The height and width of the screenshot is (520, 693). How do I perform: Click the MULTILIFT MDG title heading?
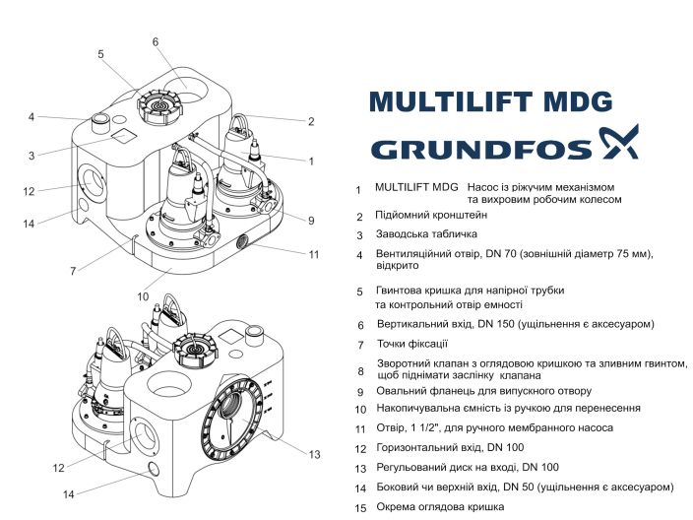click(x=490, y=102)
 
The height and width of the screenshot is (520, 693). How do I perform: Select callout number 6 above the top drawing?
click(x=156, y=41)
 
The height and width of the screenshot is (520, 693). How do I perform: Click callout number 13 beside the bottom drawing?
click(x=314, y=454)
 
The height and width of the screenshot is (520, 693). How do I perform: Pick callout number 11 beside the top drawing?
click(x=314, y=254)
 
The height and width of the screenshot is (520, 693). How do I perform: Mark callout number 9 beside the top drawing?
click(x=310, y=220)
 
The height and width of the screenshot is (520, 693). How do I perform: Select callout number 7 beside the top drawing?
click(x=73, y=270)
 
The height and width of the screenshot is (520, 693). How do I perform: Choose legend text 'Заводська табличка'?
click(x=426, y=234)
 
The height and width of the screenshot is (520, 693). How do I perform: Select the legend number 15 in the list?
click(x=359, y=508)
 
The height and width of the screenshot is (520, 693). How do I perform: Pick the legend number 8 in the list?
click(x=360, y=372)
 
